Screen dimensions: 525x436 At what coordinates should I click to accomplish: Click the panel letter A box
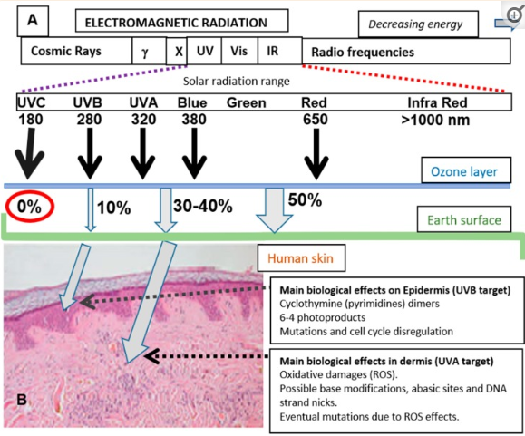[33, 21]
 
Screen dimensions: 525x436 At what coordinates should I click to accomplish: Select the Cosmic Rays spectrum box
[76, 51]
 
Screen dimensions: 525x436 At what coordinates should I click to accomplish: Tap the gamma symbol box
[150, 51]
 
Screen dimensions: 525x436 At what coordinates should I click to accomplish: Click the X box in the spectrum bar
[177, 51]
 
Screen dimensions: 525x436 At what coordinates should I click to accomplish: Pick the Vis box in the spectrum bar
[239, 51]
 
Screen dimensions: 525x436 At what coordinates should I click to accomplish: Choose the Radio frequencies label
[363, 53]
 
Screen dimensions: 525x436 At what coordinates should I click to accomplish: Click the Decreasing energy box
[418, 24]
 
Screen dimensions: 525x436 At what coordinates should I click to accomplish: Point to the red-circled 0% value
[29, 207]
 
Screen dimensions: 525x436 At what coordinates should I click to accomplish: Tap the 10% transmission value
[114, 208]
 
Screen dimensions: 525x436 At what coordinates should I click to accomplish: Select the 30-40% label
[203, 206]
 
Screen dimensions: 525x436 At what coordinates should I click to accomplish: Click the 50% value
[305, 199]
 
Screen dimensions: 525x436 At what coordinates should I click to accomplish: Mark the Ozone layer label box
[466, 170]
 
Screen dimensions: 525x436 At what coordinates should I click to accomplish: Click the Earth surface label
[464, 219]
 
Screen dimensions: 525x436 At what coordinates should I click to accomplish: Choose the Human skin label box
[301, 258]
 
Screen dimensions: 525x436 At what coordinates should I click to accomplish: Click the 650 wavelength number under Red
[315, 120]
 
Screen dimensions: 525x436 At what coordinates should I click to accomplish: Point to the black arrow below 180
[29, 153]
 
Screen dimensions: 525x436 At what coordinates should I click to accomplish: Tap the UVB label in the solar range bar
[88, 102]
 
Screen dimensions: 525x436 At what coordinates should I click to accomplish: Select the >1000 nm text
[435, 120]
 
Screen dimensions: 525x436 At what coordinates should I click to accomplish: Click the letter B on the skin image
[22, 400]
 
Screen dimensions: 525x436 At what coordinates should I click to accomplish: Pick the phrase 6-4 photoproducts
[323, 317]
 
